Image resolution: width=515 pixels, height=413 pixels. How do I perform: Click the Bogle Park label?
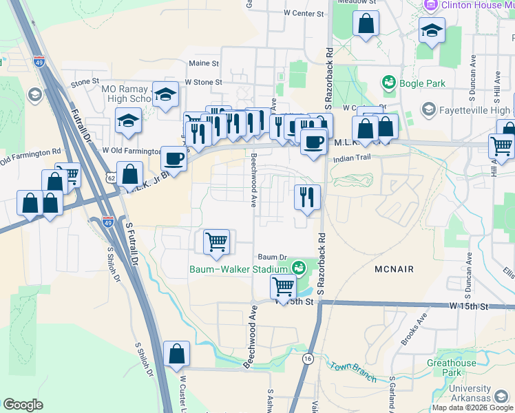422,84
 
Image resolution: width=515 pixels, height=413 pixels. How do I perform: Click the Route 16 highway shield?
308,359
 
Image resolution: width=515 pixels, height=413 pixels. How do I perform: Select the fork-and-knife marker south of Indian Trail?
306,197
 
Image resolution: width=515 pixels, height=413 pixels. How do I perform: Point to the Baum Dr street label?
269,257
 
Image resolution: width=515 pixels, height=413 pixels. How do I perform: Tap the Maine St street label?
203,63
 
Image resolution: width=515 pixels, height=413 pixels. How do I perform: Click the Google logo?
23,405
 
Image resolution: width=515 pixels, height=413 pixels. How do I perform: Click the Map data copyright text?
472,407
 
